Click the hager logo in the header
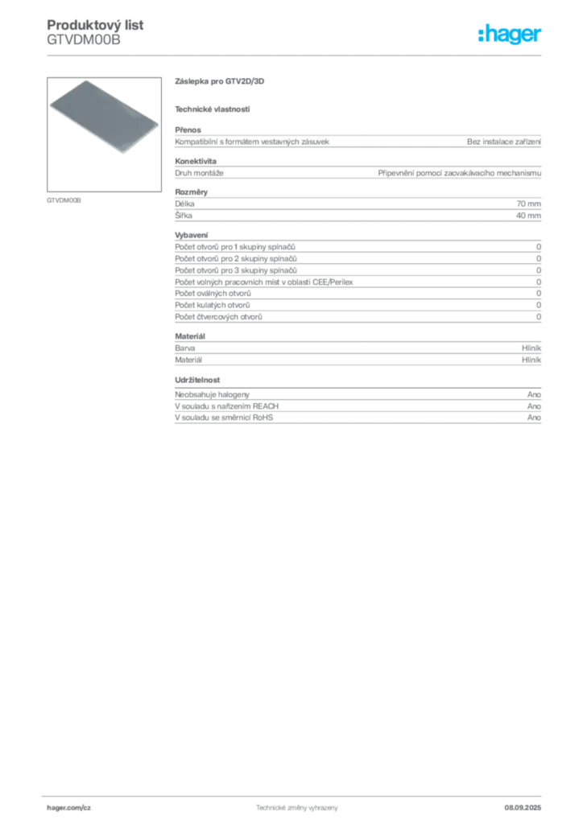coord(509,34)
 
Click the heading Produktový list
coord(95,25)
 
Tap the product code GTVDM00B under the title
coord(84,39)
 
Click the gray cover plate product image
coord(104,116)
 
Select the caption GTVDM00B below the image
coord(64,200)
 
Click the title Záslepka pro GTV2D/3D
coord(219,81)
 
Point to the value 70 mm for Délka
coord(528,204)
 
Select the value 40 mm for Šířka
coord(528,216)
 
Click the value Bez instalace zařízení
coord(503,142)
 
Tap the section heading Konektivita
coord(196,161)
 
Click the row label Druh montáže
coord(199,173)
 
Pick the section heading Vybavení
coord(192,235)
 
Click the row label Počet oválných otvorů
coord(213,293)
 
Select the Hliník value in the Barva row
coord(531,348)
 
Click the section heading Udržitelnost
coord(197,380)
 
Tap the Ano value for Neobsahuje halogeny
coord(534,394)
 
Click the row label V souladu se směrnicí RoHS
coord(224,418)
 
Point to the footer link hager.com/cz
coord(69,808)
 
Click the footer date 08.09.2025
coord(523,808)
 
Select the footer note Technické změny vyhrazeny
coord(297,808)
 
